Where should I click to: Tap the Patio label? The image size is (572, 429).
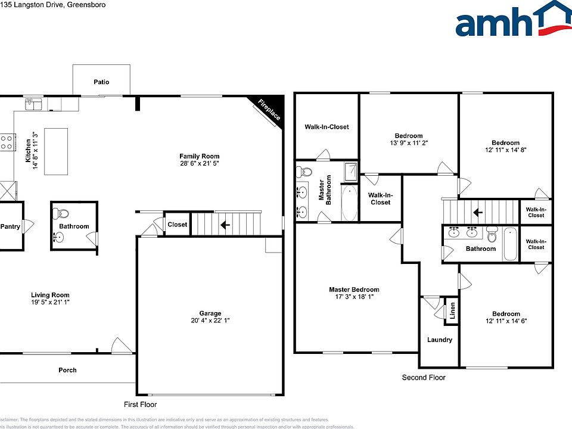point(101,82)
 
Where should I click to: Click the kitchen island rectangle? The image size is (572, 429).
point(56,151)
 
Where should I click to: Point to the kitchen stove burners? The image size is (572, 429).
point(7,142)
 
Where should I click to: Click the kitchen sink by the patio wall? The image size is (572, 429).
point(33,105)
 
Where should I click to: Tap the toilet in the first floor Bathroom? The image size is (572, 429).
point(63,213)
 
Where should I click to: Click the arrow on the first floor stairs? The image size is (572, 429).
point(225,225)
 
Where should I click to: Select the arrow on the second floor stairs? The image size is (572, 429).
point(477,212)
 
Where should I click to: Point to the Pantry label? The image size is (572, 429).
point(10,226)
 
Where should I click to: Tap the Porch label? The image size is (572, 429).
point(67,370)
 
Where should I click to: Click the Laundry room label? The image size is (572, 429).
point(440,340)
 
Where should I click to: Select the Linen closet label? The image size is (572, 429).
point(452,310)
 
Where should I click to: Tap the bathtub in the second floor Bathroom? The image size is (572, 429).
point(511,244)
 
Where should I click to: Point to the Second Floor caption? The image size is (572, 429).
point(424,377)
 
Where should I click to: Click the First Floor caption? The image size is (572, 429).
point(140,405)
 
